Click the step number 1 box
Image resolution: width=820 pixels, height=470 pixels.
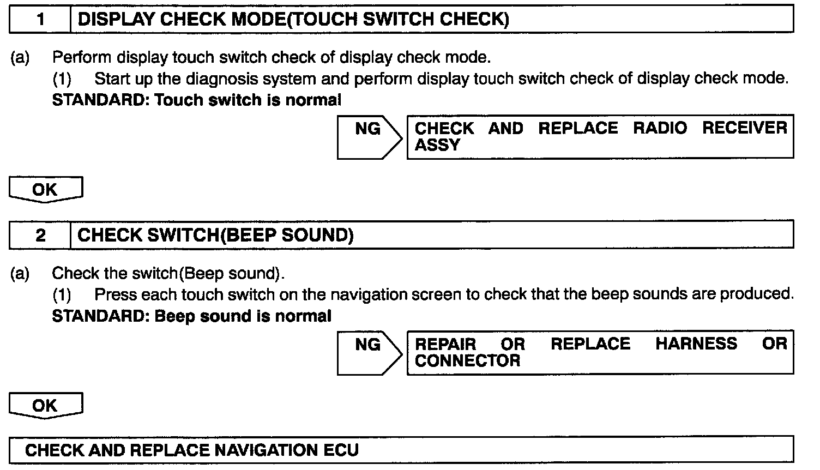pyautogui.click(x=40, y=20)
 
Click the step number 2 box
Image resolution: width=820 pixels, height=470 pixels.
pyautogui.click(x=40, y=236)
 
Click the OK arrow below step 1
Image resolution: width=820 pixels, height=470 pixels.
pyautogui.click(x=45, y=190)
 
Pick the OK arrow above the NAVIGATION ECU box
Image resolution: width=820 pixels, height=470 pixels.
pyautogui.click(x=45, y=406)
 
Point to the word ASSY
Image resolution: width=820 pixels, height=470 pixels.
pyautogui.click(x=437, y=145)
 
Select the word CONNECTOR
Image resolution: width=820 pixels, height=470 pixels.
pyautogui.click(x=467, y=361)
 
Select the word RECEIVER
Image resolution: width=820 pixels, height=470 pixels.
pyautogui.click(x=744, y=128)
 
